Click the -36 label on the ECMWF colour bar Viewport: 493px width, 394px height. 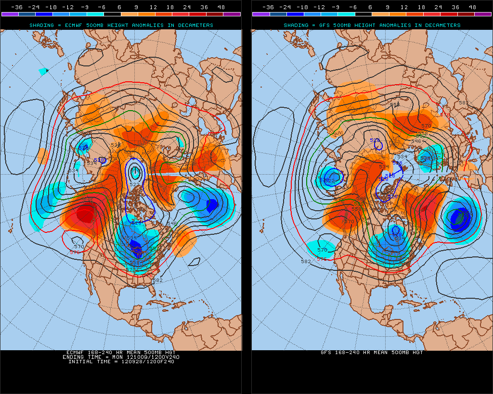coord(17,7)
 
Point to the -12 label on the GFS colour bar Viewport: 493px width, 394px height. coord(319,7)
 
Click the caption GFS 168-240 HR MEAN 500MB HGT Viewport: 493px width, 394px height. coord(372,353)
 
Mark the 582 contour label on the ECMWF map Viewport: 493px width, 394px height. coord(157,280)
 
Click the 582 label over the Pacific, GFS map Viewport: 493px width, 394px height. coord(305,261)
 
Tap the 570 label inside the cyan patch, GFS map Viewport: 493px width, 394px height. coord(322,250)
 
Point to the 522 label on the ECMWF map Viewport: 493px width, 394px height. coord(134,184)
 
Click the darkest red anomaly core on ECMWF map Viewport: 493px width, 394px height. coord(86,212)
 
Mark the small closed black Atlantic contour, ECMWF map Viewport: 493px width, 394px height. coord(194,262)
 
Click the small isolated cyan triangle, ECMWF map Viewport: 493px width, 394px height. coord(43,71)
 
